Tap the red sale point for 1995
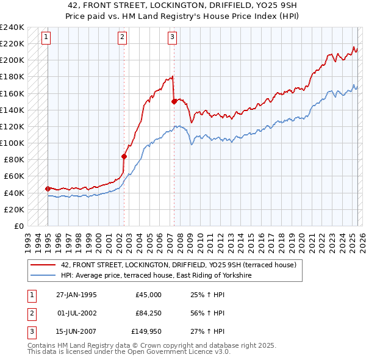pyautogui.click(x=48, y=189)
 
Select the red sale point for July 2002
pyautogui.click(x=124, y=156)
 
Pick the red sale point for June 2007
pyautogui.click(x=174, y=102)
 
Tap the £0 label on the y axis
pyautogui.click(x=18, y=226)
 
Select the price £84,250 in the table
pyautogui.click(x=148, y=313)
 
